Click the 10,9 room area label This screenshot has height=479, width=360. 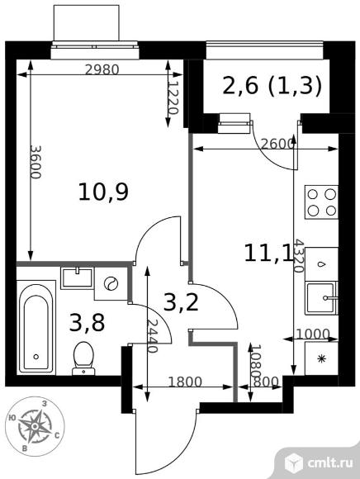coord(103,192)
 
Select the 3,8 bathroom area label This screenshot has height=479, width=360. coord(87,323)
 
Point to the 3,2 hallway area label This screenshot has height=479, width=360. coord(181,301)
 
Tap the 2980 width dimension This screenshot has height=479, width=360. coord(102,70)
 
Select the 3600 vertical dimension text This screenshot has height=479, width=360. coord(36,162)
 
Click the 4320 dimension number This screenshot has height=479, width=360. coord(299,256)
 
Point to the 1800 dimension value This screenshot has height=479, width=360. coord(185,382)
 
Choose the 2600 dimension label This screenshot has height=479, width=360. coord(277,144)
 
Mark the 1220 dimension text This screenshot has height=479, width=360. coord(173,97)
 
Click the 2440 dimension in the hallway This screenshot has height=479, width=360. coord(152,336)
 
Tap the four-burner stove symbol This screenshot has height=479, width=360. coord(321,202)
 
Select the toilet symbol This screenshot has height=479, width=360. coord(83,358)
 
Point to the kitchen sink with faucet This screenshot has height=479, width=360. coord(322,297)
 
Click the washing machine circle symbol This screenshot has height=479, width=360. coord(111,283)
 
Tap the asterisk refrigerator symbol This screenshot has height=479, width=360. coord(321,358)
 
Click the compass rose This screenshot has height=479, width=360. coord(36,426)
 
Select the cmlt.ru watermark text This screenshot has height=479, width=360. coord(330,462)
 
